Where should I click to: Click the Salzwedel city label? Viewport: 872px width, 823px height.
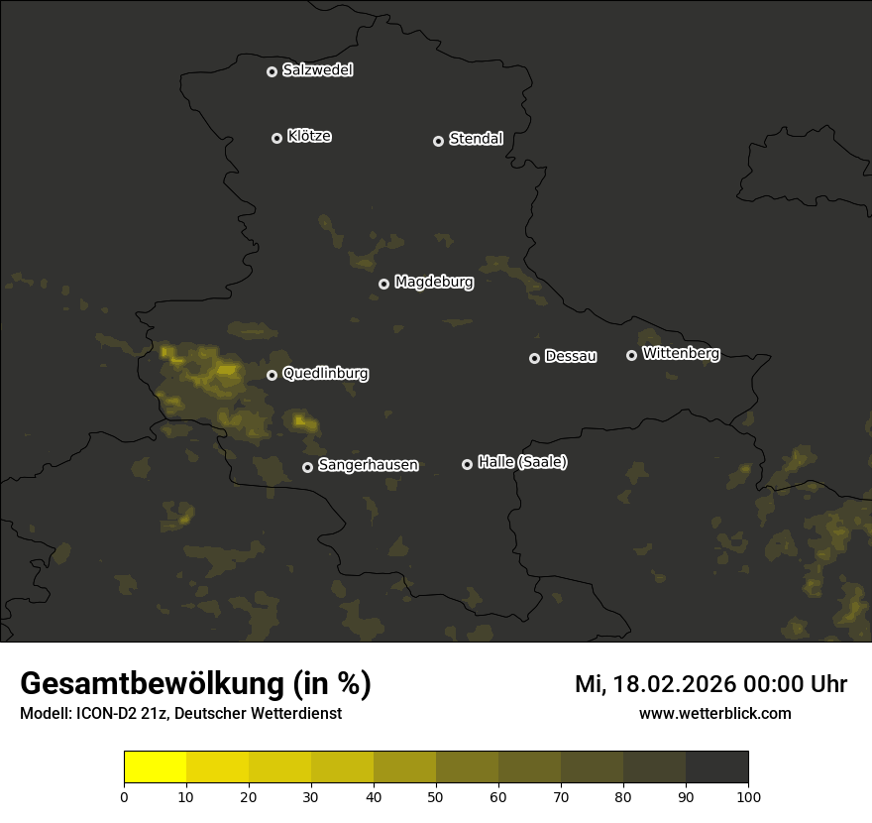[317, 70]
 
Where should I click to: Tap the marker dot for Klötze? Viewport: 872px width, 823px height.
[276, 138]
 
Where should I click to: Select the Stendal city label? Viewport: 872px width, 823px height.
[476, 139]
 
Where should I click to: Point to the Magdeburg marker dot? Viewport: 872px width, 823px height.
[383, 284]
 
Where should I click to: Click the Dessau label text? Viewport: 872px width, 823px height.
[571, 356]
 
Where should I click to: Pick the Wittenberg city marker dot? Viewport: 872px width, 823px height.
[631, 355]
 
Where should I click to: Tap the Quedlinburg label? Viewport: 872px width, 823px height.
[325, 374]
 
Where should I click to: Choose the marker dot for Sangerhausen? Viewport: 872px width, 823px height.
[307, 467]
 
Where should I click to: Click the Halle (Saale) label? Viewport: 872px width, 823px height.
[522, 462]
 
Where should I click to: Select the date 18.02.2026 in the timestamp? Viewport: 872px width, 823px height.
[671, 684]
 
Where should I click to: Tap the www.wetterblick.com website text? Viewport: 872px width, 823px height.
[714, 713]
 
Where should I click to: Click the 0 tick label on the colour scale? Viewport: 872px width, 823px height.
[124, 796]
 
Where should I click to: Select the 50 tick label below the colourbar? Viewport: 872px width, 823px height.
[436, 796]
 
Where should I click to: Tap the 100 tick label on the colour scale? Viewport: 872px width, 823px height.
[748, 796]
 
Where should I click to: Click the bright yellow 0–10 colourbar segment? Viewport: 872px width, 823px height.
[155, 767]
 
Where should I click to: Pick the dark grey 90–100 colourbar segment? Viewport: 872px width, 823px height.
[716, 767]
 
